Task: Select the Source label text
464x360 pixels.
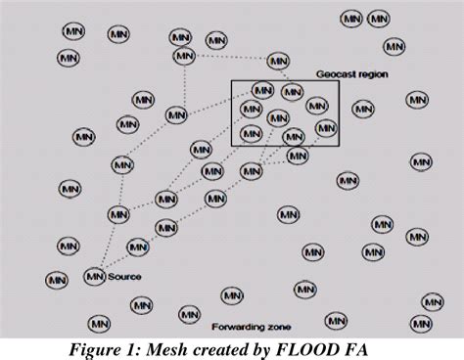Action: point(125,277)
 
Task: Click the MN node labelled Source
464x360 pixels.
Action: point(95,276)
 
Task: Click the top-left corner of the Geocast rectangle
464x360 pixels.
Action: point(232,80)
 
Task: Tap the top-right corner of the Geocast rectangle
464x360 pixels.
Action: point(339,80)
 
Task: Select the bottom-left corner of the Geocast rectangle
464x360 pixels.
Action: point(232,147)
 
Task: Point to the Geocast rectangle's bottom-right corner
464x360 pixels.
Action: point(339,147)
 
